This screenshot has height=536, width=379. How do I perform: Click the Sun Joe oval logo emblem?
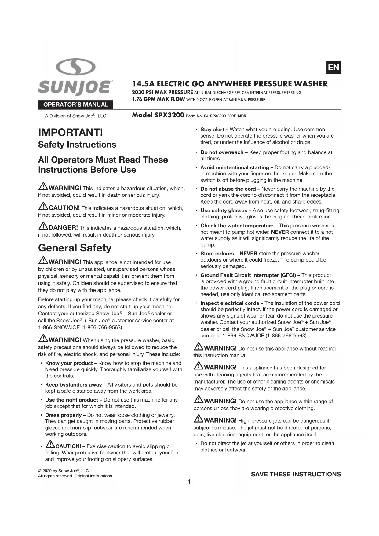[76, 67]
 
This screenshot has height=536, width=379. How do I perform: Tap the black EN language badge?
[333, 68]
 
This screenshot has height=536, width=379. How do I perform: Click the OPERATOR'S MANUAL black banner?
[75, 105]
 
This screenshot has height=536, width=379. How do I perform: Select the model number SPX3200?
[169, 115]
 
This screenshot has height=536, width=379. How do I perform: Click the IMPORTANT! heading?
[71, 133]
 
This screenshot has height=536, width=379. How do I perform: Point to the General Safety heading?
[75, 248]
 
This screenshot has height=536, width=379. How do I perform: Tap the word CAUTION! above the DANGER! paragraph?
[64, 208]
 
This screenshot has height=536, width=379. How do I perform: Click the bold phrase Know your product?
[69, 363]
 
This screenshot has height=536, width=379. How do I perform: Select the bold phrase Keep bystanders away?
[74, 385]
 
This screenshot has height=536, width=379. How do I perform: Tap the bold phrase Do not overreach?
[222, 152]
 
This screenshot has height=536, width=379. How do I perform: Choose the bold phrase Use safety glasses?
[224, 211]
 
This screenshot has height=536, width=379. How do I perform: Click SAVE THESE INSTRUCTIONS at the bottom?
[296, 474]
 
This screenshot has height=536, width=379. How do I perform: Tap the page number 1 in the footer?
[189, 482]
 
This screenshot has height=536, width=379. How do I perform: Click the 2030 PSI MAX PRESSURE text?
[162, 92]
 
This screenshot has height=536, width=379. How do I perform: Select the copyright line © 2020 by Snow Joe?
[63, 471]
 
